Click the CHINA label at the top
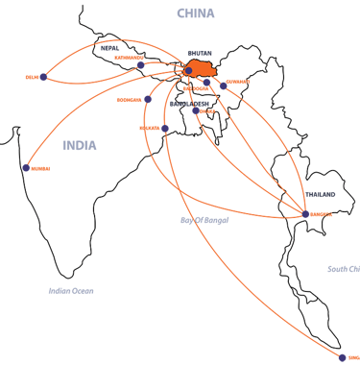196,12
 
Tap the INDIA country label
79,145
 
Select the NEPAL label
109,45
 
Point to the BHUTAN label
199,52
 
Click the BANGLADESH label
188,103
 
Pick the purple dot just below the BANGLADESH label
196,110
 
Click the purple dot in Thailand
306,227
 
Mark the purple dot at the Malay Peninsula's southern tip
343,357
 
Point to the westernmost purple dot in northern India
43,77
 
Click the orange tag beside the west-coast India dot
39,169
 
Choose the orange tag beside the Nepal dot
126,58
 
